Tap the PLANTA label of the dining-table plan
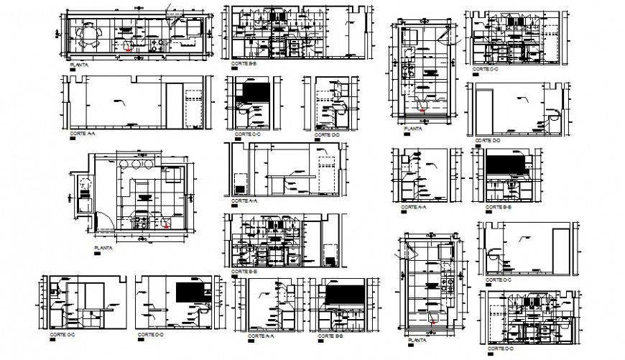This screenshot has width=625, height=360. point(80,65)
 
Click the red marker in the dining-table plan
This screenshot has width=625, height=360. point(129,50)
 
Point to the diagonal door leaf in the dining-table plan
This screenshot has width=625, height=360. point(170,11)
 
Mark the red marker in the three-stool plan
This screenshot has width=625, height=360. point(166,224)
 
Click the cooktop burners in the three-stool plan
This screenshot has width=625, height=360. point(140,218)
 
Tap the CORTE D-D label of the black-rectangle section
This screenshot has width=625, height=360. point(153,334)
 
